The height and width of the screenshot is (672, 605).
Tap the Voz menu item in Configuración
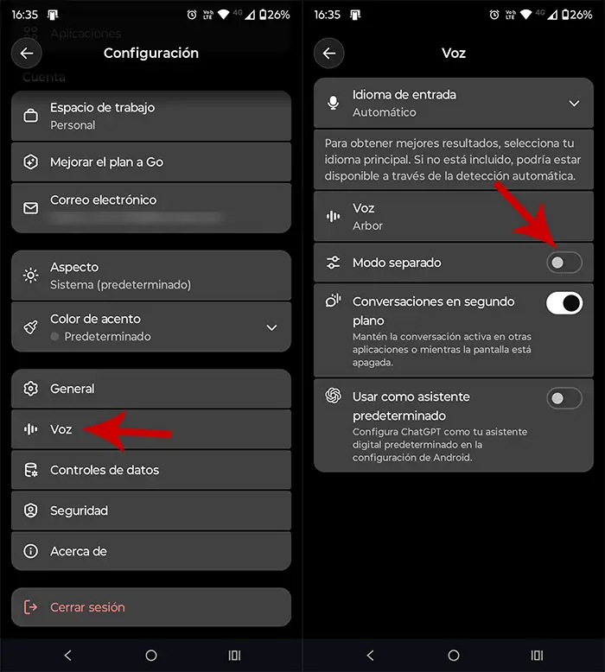pos(60,429)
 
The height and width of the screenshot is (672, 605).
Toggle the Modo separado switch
pos(564,262)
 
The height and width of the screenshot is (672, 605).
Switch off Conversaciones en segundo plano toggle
pos(564,302)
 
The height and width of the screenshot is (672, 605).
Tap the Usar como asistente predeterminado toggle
pos(564,398)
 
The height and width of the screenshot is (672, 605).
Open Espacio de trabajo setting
pos(151,117)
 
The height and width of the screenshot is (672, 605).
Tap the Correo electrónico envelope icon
pos(31,208)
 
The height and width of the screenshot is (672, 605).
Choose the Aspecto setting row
pos(151,276)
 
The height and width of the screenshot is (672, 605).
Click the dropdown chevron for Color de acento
pos(271,327)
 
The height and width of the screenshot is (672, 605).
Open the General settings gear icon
pos(31,389)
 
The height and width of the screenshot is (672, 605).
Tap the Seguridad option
pos(79,510)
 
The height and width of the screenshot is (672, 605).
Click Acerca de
pos(78,551)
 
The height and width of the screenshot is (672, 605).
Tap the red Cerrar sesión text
pos(87,607)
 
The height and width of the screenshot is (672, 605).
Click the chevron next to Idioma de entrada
pos(574,104)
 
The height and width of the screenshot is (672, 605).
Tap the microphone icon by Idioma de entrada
pos(334,104)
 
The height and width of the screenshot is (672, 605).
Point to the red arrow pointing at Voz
pos(130,430)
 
